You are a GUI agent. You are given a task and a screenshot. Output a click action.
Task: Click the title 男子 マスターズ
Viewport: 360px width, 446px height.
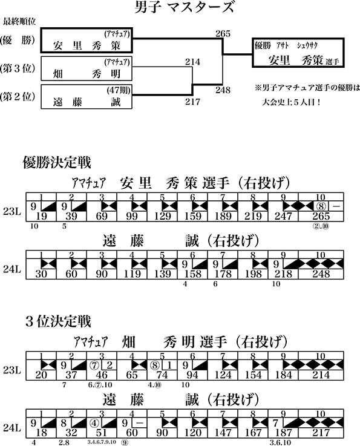[185, 7]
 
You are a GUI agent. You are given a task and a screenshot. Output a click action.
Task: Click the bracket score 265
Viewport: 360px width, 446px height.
[223, 34]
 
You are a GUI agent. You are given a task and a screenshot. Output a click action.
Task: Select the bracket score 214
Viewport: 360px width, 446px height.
[192, 62]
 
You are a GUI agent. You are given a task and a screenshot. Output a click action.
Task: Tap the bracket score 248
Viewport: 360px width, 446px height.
[223, 90]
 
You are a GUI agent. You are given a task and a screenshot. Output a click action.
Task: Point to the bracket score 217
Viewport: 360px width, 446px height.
[192, 102]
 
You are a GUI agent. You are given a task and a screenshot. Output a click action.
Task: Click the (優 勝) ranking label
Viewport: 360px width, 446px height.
[18, 41]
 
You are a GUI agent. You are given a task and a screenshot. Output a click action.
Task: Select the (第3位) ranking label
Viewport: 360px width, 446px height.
[18, 68]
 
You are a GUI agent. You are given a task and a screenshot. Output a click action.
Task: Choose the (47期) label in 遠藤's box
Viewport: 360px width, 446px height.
[119, 90]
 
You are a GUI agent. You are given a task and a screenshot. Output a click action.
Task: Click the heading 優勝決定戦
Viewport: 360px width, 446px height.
[57, 163]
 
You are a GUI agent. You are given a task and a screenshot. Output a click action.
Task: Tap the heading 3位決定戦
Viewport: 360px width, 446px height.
[58, 321]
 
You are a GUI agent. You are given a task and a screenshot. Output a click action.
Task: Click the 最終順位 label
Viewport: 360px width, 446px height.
[19, 22]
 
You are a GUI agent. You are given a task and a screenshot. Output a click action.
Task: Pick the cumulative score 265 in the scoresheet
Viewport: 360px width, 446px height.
[321, 217]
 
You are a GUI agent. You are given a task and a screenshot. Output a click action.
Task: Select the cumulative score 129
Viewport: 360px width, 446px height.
[162, 217]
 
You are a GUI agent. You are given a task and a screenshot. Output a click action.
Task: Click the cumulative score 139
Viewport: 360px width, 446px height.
[162, 274]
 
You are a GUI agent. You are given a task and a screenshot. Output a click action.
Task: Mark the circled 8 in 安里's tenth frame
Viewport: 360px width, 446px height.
[321, 206]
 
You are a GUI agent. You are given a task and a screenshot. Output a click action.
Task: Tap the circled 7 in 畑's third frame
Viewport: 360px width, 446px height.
[94, 365]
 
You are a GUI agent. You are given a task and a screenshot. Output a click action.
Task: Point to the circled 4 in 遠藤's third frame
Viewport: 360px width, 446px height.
[94, 422]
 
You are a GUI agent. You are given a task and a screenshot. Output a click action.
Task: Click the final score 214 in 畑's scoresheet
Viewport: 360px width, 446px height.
[321, 375]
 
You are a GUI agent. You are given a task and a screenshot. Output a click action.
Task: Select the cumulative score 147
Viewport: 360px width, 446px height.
[223, 433]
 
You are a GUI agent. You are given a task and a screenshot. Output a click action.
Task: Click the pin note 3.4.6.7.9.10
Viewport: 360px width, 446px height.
[102, 442]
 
